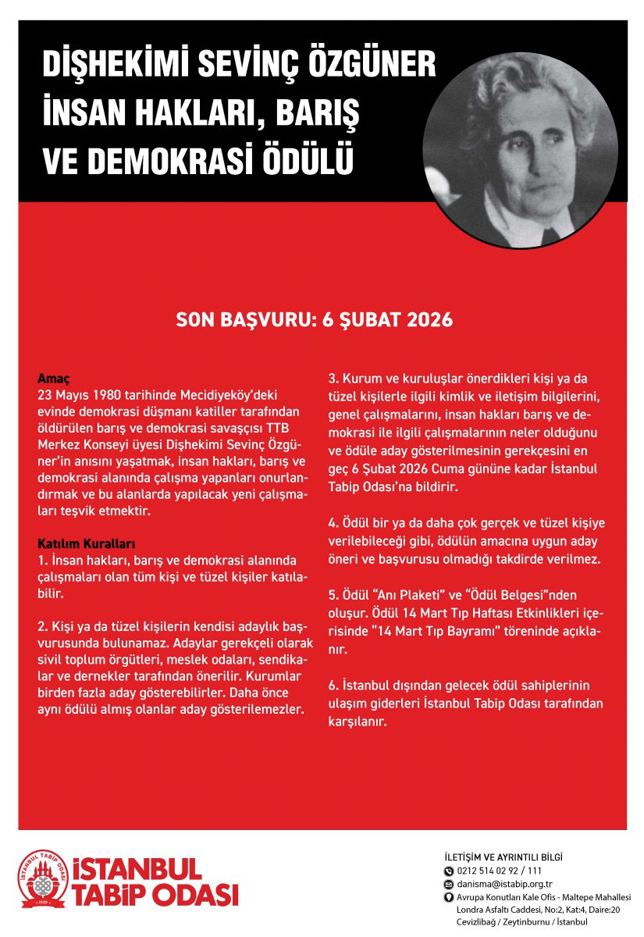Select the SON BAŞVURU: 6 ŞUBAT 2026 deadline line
pyautogui.click(x=315, y=320)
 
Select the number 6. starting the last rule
pyautogui.click(x=333, y=686)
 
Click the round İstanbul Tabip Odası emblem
pyautogui.click(x=44, y=878)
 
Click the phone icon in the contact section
pyautogui.click(x=448, y=871)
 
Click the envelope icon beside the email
pyautogui.click(x=448, y=884)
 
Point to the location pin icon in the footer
pyautogui.click(x=448, y=897)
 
